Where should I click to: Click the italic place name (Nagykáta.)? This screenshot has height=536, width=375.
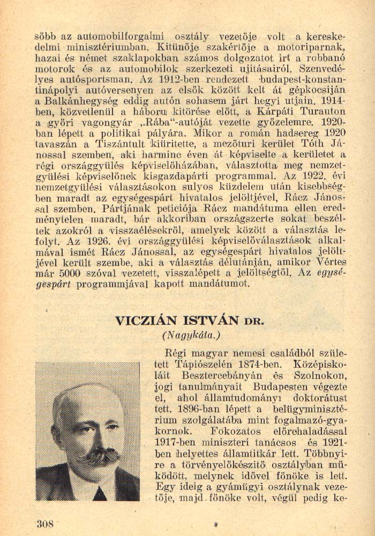coord(191,336)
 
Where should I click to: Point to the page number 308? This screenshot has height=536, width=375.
coord(45,524)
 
